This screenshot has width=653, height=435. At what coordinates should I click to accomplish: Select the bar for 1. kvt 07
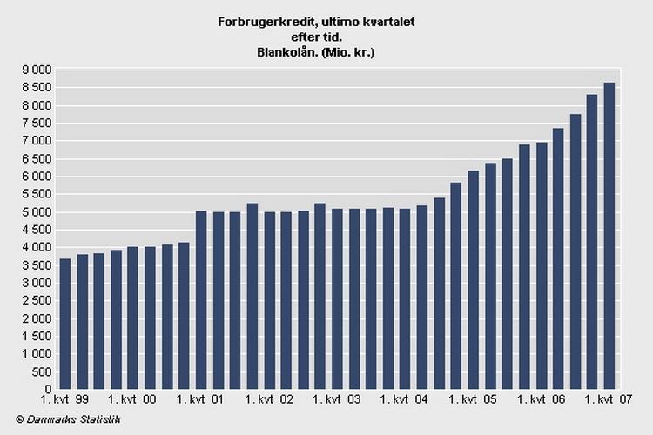tap(609, 236)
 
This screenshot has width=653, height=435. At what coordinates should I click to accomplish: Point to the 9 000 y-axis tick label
tap(37, 70)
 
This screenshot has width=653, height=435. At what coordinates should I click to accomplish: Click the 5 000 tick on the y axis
tap(37, 212)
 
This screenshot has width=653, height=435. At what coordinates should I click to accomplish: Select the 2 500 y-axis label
tap(37, 301)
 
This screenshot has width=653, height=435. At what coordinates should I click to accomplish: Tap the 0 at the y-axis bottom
tap(49, 390)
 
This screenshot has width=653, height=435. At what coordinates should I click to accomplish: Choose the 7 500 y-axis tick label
tap(37, 123)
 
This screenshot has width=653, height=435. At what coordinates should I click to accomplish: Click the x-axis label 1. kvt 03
tap(335, 400)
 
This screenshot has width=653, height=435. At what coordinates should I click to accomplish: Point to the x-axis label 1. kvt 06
tap(540, 400)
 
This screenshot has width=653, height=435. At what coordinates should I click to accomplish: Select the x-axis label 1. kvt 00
tap(132, 400)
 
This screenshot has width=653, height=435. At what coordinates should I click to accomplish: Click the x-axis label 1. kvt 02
tap(268, 400)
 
